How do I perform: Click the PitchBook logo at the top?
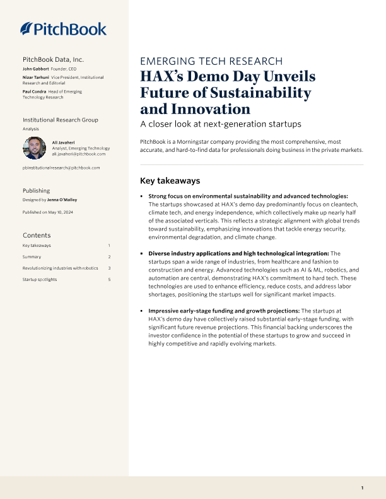[x=63, y=28]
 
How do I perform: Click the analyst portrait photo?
[x=34, y=148]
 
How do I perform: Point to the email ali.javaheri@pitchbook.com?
[x=79, y=154]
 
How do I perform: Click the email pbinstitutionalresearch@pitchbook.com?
[x=61, y=168]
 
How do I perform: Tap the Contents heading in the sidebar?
[x=37, y=235]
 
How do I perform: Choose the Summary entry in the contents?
[x=32, y=256]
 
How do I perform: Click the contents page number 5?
[x=109, y=279]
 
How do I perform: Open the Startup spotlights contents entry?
[x=40, y=279]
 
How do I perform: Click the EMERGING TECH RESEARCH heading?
[x=211, y=61]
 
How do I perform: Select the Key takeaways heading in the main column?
[x=170, y=180]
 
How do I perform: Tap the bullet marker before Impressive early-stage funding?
[x=142, y=311]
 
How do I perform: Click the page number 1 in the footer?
[x=362, y=488]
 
